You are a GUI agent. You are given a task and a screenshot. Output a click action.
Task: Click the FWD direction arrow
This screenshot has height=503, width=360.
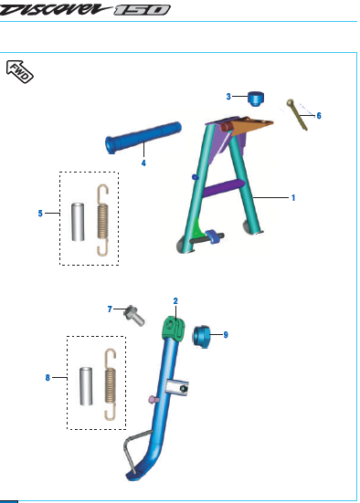tap(19, 71)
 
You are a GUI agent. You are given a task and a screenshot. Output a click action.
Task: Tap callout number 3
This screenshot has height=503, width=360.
tap(228, 96)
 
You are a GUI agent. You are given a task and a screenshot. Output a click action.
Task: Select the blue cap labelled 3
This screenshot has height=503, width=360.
tap(256, 99)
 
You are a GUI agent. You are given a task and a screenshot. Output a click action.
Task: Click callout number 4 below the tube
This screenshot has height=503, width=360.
tap(143, 163)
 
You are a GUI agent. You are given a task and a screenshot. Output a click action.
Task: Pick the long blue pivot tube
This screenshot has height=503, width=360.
tap(143, 138)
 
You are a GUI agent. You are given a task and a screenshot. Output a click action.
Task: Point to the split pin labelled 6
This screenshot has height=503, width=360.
tap(297, 114)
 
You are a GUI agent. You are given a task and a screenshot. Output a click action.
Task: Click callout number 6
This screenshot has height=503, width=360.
tap(319, 116)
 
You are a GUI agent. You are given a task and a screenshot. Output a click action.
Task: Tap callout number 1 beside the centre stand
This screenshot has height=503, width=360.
tap(293, 197)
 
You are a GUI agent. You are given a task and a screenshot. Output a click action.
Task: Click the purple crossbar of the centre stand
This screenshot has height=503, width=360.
tap(224, 188)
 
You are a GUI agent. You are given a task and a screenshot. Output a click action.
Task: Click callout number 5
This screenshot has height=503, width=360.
tap(40, 214)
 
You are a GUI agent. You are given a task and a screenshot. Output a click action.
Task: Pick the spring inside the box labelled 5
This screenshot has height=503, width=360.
tap(102, 220)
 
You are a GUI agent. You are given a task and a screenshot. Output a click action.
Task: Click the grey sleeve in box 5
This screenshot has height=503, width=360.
tap(78, 222)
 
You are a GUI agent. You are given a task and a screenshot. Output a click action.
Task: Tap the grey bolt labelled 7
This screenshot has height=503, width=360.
tap(134, 316)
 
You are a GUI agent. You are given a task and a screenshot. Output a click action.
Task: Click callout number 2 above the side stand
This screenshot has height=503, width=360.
tap(175, 301)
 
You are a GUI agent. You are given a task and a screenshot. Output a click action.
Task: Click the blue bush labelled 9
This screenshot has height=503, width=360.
tap(201, 336)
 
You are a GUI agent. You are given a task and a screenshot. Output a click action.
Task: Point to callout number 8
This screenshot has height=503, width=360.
tap(48, 378)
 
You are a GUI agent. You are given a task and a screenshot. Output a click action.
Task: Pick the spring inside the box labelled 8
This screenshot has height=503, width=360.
tap(111, 384)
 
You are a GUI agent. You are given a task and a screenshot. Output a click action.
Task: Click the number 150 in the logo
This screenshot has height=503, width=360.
tap(142, 10)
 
